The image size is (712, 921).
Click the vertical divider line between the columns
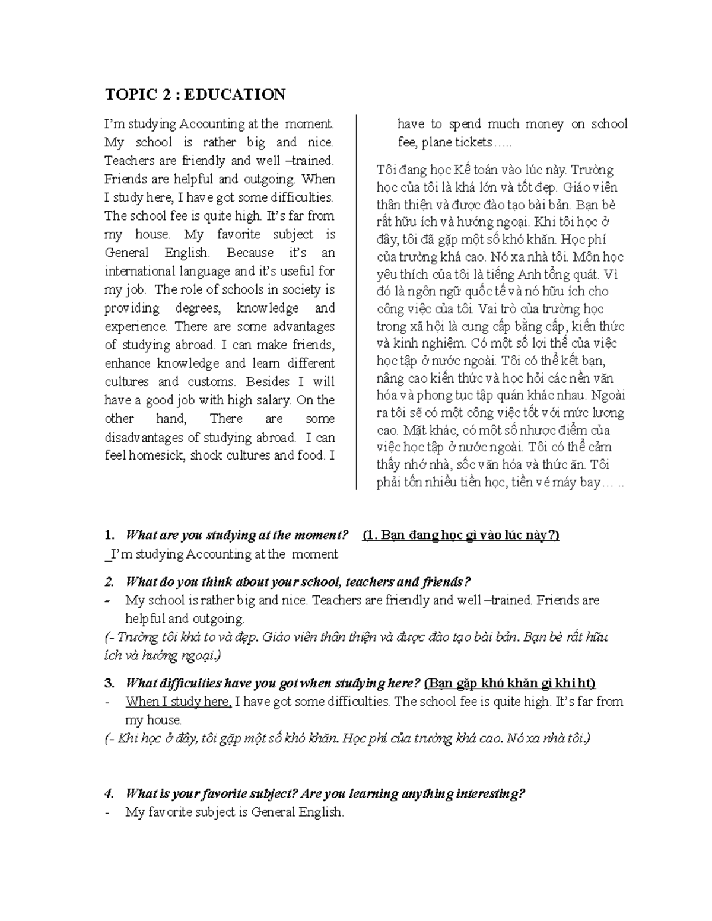click(356, 302)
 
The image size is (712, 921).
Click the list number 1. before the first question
click(109, 535)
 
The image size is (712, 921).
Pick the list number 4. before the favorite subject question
click(109, 793)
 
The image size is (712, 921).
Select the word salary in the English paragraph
click(272, 400)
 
